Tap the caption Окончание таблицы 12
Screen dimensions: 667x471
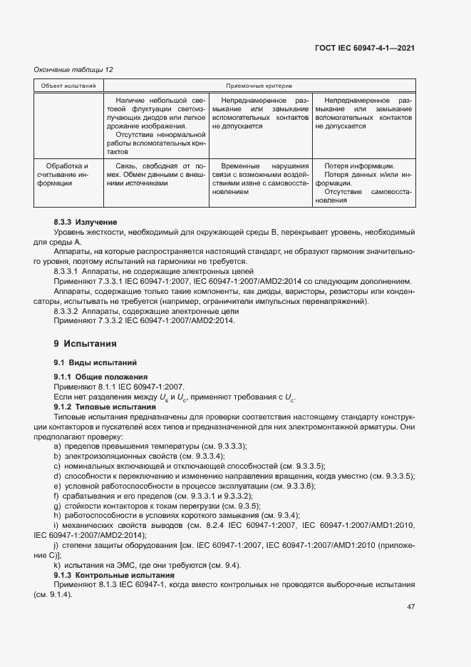pyautogui.click(x=73, y=69)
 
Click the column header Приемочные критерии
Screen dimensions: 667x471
pyautogui.click(x=259, y=86)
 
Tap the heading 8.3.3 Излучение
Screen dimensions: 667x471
pyautogui.click(x=86, y=223)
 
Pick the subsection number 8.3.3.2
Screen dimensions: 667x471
pyautogui.click(x=68, y=312)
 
